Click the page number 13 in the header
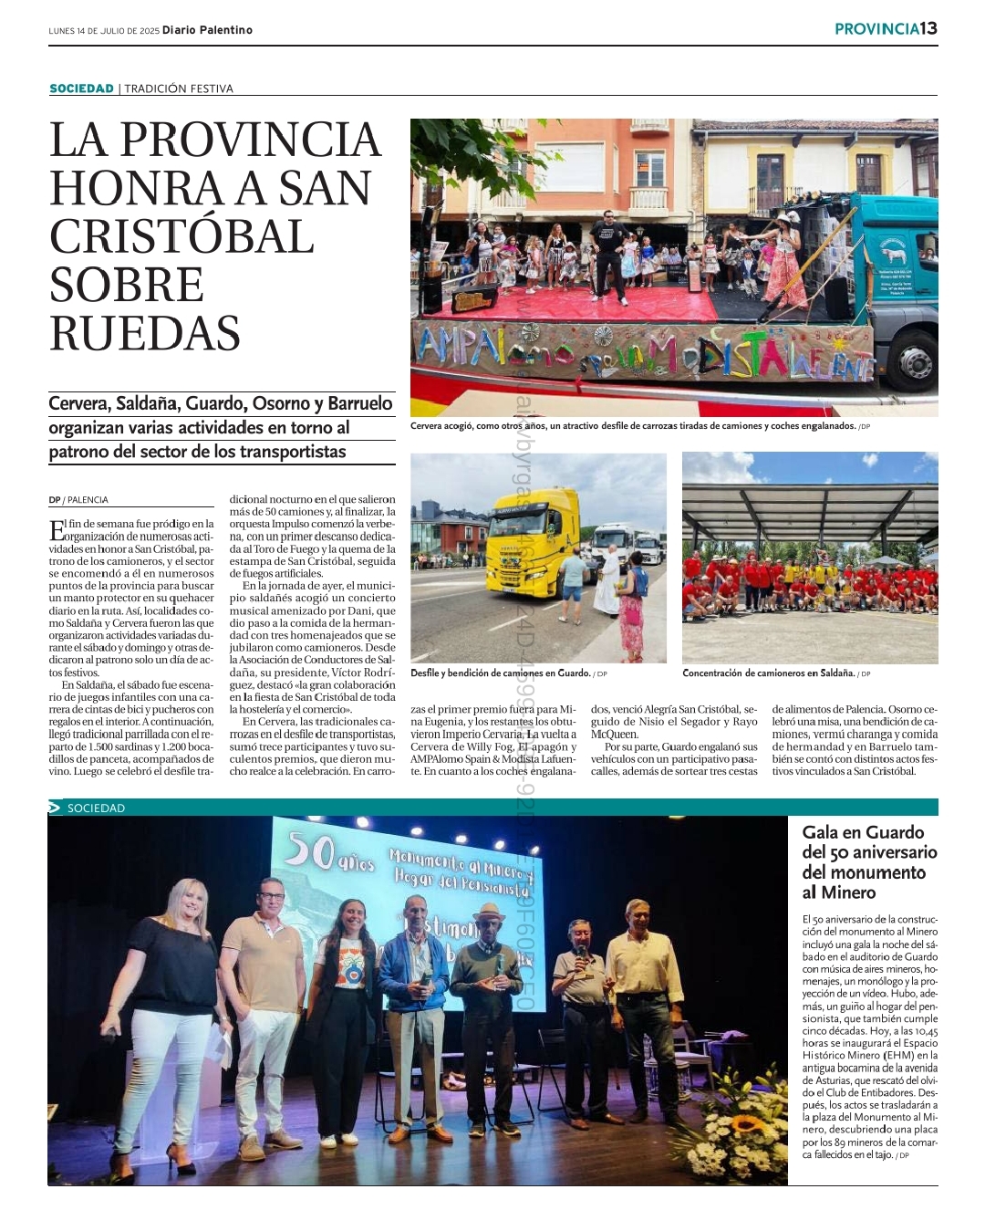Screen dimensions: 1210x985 click(x=928, y=28)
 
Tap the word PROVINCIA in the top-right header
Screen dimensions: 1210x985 click(x=876, y=29)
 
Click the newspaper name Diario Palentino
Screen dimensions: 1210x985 click(x=207, y=30)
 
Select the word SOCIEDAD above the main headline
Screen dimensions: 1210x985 click(x=81, y=89)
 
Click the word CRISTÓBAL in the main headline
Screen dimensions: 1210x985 click(x=181, y=236)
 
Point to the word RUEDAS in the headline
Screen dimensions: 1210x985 click(x=145, y=333)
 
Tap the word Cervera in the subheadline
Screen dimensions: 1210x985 click(x=78, y=403)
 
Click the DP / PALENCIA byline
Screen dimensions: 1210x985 click(x=78, y=500)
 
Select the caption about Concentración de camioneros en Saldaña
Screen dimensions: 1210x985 click(x=775, y=673)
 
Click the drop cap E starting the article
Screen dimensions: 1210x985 click(x=57, y=529)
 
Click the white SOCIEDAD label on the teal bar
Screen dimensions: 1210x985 click(x=96, y=808)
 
